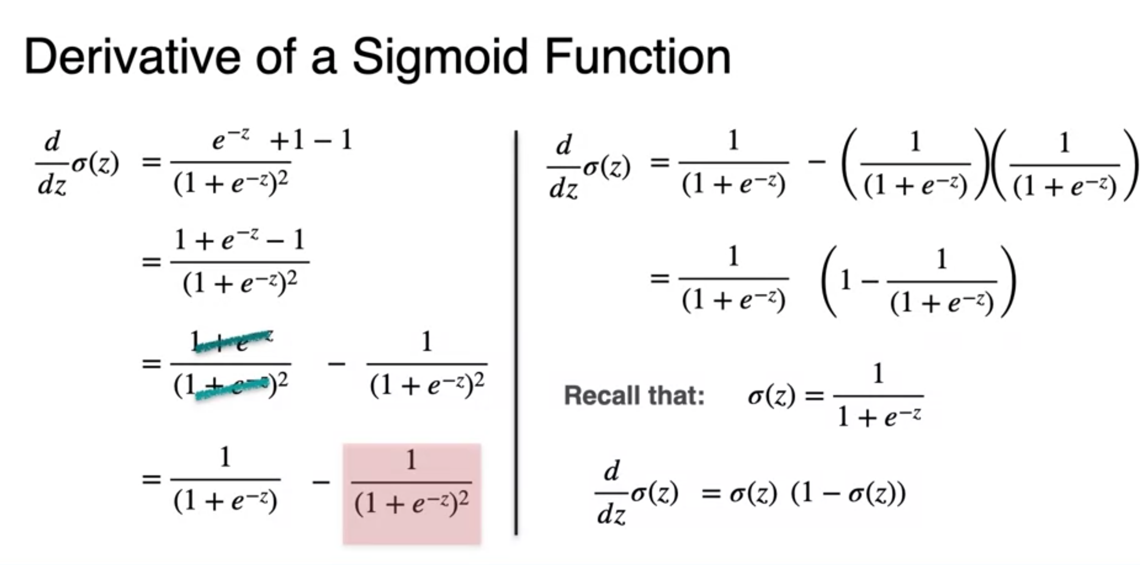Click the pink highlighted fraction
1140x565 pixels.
pos(411,493)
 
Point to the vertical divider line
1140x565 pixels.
pos(516,333)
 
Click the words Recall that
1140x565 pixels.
pos(634,396)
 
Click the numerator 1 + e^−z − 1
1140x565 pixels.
pos(239,241)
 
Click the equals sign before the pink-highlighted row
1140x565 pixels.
pos(151,480)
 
